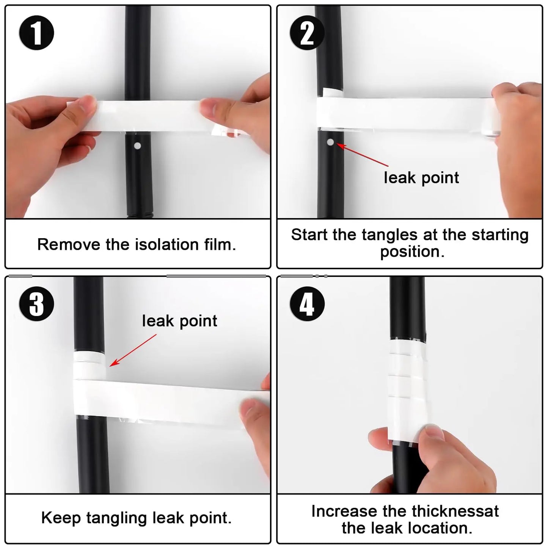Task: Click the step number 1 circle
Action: tap(36, 33)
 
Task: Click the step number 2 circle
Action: tap(307, 33)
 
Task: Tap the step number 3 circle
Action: tap(36, 303)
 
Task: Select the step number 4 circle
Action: tap(307, 303)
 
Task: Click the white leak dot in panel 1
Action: tap(138, 146)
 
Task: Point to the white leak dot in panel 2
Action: tap(330, 142)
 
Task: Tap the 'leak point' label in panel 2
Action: tap(421, 177)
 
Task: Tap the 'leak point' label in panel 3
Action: tap(179, 321)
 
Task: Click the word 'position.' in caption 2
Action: tap(412, 252)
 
